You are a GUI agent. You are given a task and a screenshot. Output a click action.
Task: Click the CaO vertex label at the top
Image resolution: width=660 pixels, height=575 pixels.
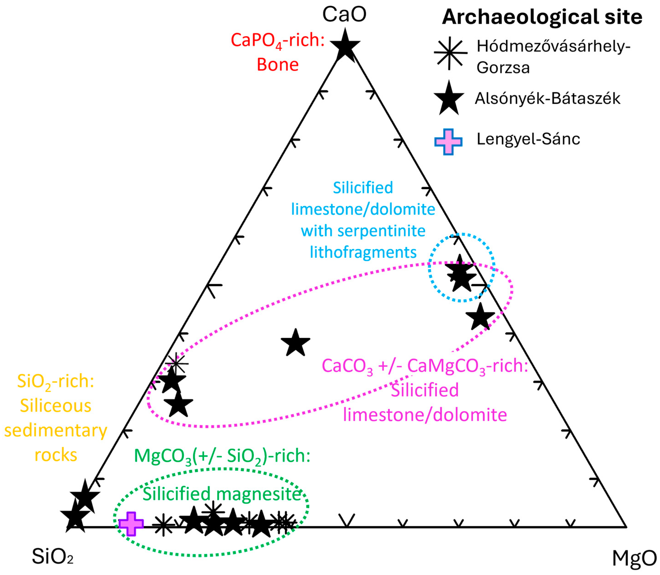(344, 14)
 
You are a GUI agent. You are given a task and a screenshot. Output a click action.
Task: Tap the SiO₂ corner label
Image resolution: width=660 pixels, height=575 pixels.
(53, 556)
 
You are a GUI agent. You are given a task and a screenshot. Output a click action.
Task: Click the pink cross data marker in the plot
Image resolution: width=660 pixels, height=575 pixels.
(131, 524)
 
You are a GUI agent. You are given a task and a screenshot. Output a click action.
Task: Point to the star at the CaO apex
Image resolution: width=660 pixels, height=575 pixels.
(345, 46)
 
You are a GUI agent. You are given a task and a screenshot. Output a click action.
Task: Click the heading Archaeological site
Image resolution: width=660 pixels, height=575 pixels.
(542, 17)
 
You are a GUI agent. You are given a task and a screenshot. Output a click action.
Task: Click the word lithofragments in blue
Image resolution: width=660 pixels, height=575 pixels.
(363, 252)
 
